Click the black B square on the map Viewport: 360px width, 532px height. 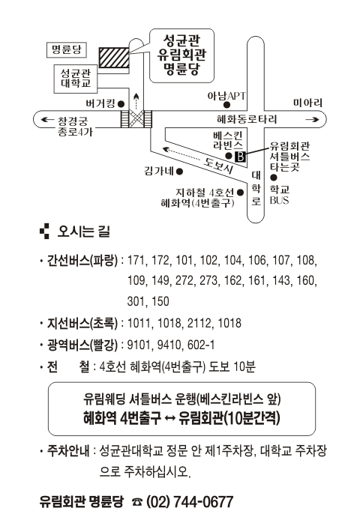240,157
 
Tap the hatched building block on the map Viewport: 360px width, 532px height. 114,58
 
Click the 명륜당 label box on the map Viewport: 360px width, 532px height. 67,50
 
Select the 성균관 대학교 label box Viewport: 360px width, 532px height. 76,79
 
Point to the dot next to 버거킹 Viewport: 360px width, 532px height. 121,104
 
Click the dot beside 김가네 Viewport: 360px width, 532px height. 180,172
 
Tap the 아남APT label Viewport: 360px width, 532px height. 226,96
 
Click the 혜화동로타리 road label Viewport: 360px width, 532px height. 247,119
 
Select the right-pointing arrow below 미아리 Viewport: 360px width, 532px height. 312,119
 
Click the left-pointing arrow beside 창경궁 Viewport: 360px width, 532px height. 47,119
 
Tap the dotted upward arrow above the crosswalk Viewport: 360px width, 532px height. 136,101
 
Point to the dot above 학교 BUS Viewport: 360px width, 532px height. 274,178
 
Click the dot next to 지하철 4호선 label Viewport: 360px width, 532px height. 241,193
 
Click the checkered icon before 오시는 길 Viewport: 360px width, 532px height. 45,232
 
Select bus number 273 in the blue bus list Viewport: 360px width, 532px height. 208,281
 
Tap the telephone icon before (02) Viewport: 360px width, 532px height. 137,502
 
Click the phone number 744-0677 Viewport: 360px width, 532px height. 203,502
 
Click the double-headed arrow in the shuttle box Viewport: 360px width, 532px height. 169,418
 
